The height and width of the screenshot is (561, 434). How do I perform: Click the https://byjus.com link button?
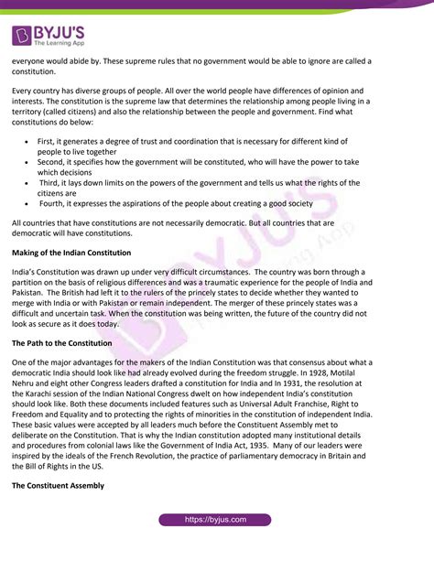tap(216, 520)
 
